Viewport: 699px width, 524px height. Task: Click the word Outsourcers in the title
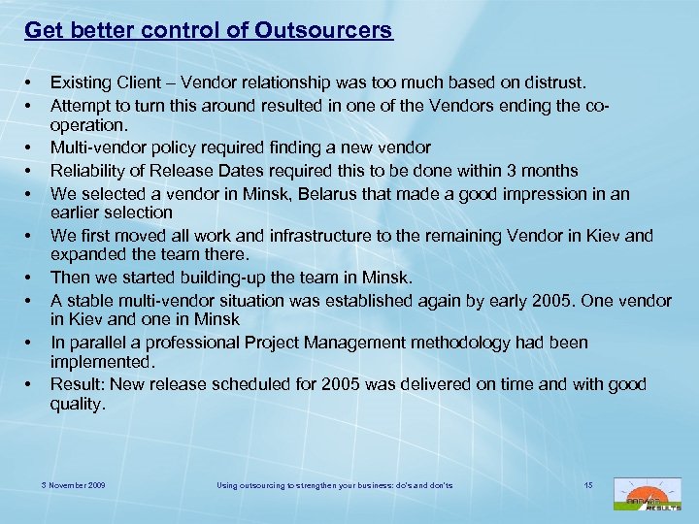tap(325, 30)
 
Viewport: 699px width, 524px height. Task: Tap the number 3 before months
tap(517, 171)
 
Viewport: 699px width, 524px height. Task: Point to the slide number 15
tap(588, 483)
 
